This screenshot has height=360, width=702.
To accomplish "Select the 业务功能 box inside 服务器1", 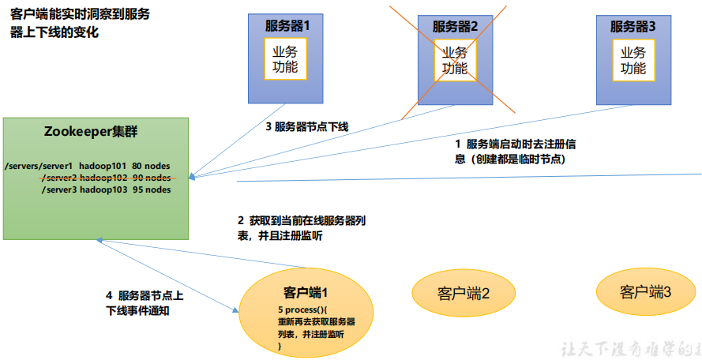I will coord(285,59).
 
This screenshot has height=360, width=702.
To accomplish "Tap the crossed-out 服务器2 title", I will coord(456,26).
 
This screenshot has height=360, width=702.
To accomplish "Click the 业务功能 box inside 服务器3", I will coord(633,59).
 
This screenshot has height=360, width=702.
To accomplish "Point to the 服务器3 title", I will coord(633,26).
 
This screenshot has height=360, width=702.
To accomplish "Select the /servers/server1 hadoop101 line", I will coord(87,167).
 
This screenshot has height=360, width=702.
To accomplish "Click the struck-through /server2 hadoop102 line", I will coord(106,178).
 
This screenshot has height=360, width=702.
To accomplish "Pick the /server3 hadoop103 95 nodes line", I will coord(106,190).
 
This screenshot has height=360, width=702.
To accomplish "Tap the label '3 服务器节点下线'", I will coord(306,127).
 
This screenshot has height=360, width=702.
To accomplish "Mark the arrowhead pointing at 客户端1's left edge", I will coord(236,310).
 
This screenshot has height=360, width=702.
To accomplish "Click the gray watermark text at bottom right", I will coord(631,349).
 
